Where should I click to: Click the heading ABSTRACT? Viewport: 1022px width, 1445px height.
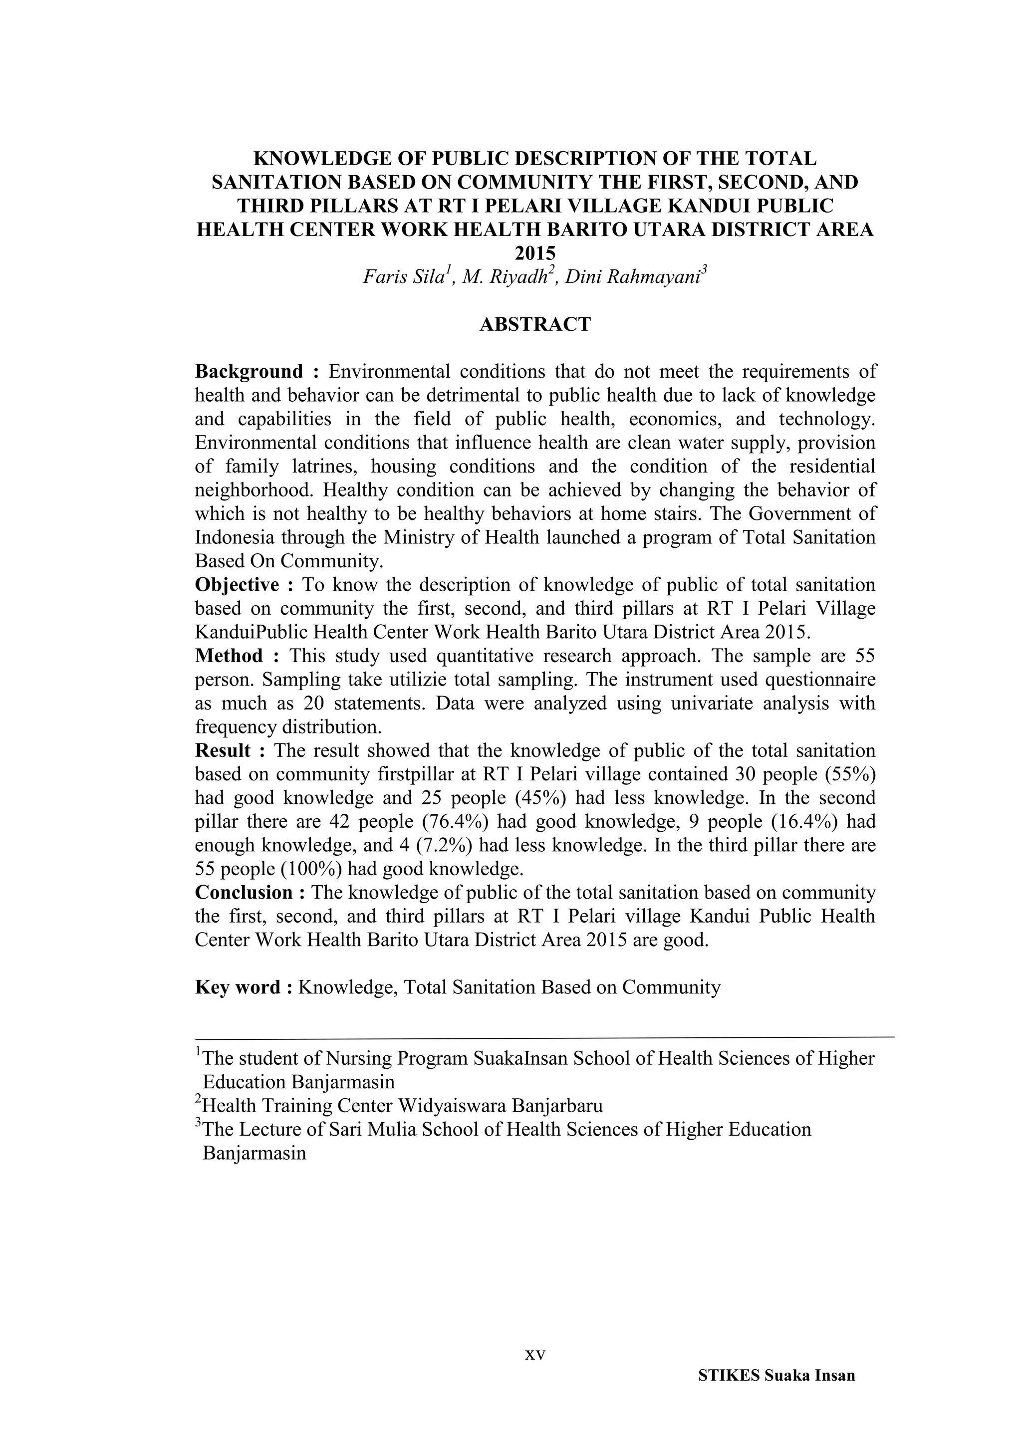535,325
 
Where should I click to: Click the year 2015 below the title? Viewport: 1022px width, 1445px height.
535,253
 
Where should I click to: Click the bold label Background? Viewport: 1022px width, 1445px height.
249,372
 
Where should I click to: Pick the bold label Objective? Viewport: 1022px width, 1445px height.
237,585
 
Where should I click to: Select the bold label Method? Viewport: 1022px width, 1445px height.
229,656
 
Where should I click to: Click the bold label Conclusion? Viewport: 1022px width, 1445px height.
244,893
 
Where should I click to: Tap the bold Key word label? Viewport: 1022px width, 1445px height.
238,987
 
